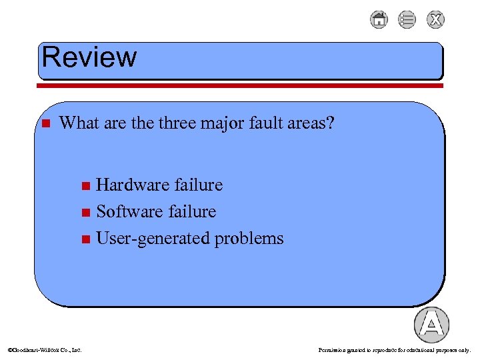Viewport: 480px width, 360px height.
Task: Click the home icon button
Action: (379, 20)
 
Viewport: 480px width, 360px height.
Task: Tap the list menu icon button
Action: (407, 20)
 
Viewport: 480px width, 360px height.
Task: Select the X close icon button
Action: (435, 20)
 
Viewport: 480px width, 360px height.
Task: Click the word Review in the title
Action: (89, 57)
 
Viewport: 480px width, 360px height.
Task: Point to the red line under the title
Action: (240, 85)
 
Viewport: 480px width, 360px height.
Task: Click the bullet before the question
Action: (45, 123)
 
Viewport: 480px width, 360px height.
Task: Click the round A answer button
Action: (431, 325)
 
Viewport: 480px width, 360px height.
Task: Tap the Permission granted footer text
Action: (395, 349)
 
